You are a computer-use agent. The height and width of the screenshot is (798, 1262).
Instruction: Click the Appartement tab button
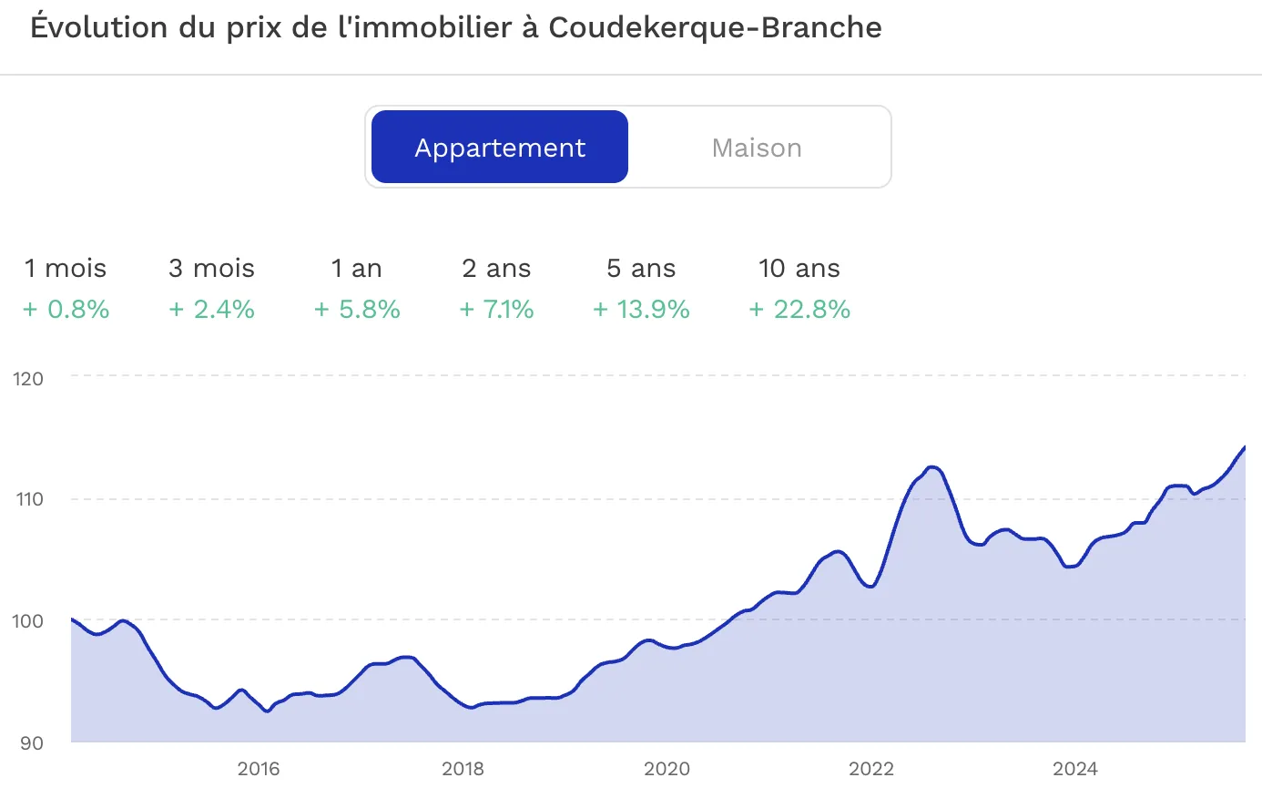tap(500, 148)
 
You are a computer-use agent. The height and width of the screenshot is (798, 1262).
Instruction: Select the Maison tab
tap(757, 148)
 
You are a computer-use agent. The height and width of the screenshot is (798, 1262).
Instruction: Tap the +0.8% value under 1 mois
tap(66, 310)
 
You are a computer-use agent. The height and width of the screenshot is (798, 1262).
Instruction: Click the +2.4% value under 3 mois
tap(212, 310)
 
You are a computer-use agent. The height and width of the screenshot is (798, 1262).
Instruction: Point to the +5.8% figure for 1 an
tap(358, 310)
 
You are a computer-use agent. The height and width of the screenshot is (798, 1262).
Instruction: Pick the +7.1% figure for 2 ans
tap(497, 310)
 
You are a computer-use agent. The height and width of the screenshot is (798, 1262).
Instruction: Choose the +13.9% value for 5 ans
tap(642, 310)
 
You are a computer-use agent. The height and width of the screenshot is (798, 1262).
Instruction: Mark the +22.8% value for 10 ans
tap(800, 310)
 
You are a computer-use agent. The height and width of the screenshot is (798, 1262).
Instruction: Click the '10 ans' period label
tap(799, 269)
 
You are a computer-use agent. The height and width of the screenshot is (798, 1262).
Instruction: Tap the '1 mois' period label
tap(66, 269)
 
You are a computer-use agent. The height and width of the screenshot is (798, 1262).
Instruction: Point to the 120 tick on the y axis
tap(28, 379)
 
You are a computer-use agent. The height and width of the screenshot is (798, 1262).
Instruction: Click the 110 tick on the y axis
tap(29, 499)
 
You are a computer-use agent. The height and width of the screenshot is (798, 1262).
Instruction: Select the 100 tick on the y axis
tap(27, 621)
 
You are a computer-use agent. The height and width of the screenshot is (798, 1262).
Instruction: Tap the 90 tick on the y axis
tap(32, 743)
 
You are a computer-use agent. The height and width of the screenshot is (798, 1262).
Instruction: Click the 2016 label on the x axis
tap(259, 769)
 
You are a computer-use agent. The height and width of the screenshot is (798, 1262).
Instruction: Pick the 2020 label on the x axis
tap(667, 769)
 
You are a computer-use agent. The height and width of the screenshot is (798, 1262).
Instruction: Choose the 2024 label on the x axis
tap(1074, 769)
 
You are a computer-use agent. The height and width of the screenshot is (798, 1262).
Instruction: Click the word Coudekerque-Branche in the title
tap(715, 27)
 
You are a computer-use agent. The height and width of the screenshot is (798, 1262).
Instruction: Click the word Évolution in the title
tap(100, 27)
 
